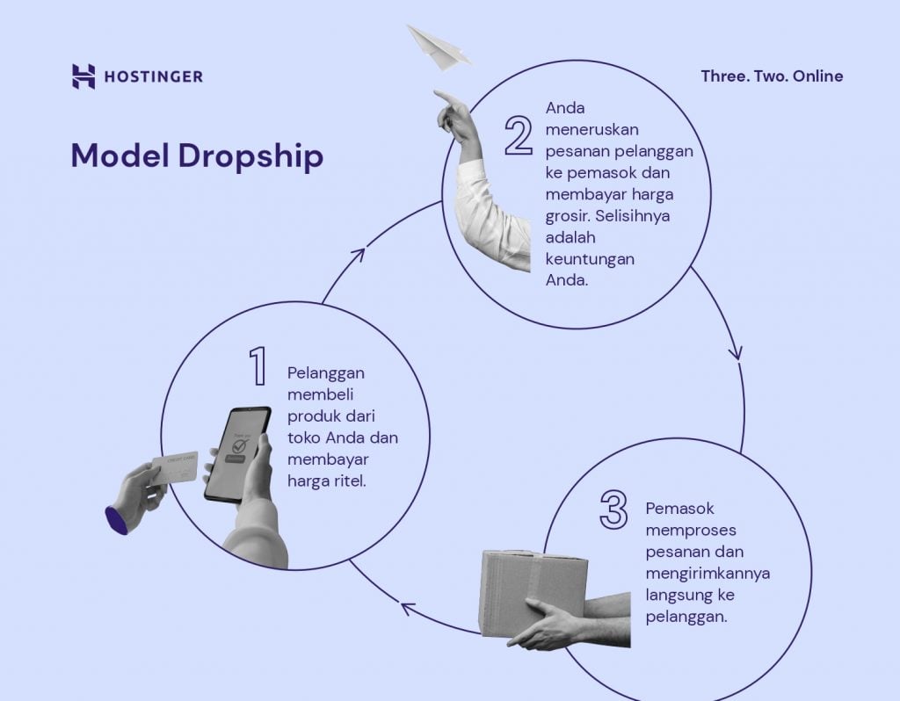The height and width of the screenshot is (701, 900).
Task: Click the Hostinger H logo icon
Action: (x=83, y=76)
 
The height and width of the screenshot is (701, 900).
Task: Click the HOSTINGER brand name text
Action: (x=153, y=77)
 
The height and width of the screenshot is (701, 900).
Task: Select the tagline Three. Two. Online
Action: (x=772, y=76)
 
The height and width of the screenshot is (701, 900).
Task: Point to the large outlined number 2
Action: (x=519, y=134)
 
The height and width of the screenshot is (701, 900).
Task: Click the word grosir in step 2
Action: (x=569, y=216)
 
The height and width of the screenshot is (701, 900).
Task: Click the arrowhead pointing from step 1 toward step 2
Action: (x=357, y=255)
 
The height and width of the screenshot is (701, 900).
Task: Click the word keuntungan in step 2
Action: (x=589, y=260)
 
